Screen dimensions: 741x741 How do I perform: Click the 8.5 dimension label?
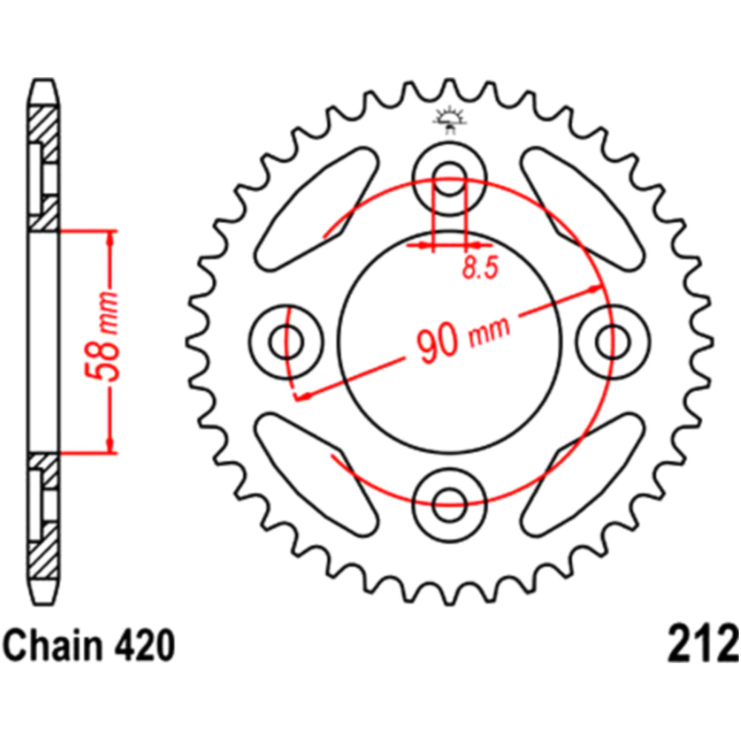[480, 268]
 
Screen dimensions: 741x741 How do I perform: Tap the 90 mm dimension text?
[463, 339]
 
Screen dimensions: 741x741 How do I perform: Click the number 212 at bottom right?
[702, 645]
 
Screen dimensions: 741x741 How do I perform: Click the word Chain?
[52, 645]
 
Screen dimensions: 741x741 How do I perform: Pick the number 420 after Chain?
[144, 645]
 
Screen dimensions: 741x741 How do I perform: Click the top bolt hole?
[450, 179]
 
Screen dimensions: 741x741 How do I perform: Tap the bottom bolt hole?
[450, 504]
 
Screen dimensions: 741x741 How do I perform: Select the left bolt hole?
[286, 341]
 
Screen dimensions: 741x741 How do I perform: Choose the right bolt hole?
[613, 341]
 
